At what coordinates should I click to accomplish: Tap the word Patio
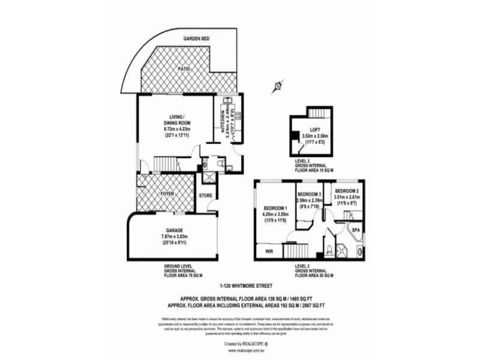click(184, 70)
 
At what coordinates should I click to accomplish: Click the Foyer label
click(167, 194)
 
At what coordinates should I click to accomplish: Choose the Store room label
click(206, 195)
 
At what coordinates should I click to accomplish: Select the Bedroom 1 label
click(276, 209)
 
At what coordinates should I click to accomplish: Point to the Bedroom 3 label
click(311, 194)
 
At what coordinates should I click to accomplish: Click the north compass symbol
click(278, 86)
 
